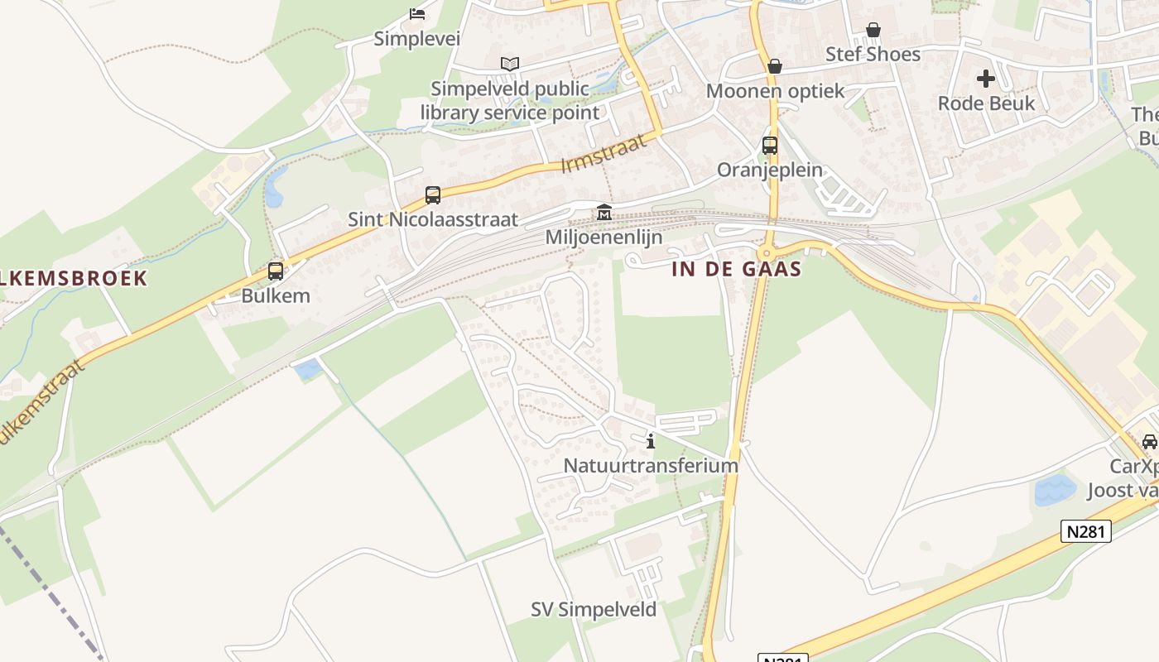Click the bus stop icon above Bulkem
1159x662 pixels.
pyautogui.click(x=276, y=271)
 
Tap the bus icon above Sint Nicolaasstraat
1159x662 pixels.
pyautogui.click(x=433, y=195)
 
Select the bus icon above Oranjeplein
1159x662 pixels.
pyautogui.click(x=770, y=146)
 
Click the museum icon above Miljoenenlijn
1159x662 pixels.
pyautogui.click(x=604, y=213)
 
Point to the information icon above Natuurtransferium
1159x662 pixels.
pyautogui.click(x=651, y=440)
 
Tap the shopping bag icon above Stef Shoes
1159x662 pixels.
pyautogui.click(x=873, y=31)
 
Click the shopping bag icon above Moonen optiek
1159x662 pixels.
pyautogui.click(x=775, y=66)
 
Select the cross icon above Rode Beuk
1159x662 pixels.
pyautogui.click(x=985, y=79)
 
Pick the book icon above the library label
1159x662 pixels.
pyautogui.click(x=510, y=64)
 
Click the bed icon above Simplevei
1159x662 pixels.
pyautogui.click(x=417, y=14)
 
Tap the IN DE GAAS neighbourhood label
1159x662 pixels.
pyautogui.click(x=737, y=269)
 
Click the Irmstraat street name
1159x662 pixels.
pyautogui.click(x=603, y=155)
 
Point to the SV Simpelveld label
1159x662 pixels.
pyautogui.click(x=594, y=610)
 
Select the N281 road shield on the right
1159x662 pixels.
pyautogui.click(x=1085, y=531)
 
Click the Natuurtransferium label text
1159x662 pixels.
pyautogui.click(x=651, y=465)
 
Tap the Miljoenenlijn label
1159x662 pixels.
pyautogui.click(x=604, y=237)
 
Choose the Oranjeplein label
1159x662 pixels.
pyautogui.click(x=770, y=170)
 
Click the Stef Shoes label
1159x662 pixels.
pyautogui.click(x=873, y=55)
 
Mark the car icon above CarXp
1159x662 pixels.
pyautogui.click(x=1150, y=441)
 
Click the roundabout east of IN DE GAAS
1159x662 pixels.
pyautogui.click(x=766, y=253)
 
